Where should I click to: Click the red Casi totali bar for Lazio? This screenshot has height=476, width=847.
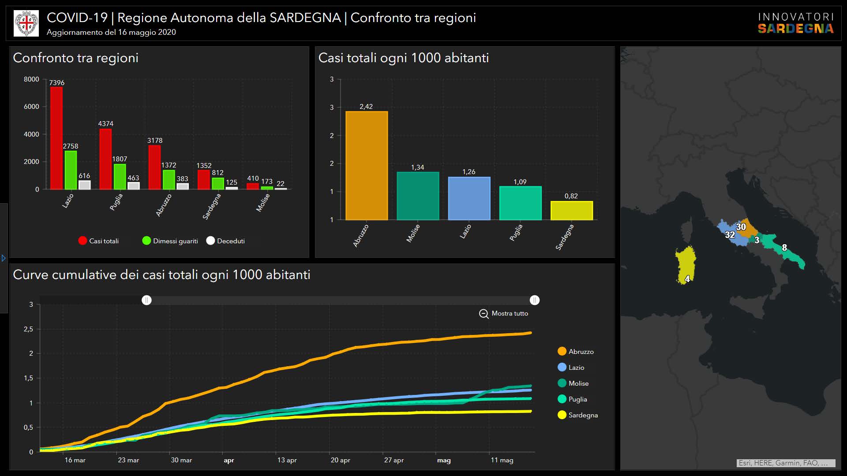pyautogui.click(x=56, y=138)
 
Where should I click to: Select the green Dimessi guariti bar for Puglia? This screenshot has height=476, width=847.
pyautogui.click(x=120, y=176)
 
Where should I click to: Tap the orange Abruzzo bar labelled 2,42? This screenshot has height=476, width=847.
pyautogui.click(x=367, y=165)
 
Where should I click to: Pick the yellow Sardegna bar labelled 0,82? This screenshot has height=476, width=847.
pyautogui.click(x=571, y=211)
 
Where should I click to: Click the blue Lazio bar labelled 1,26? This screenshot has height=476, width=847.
pyautogui.click(x=469, y=198)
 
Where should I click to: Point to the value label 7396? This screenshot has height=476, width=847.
pyautogui.click(x=56, y=83)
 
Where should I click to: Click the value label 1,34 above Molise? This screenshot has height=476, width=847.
pyautogui.click(x=417, y=167)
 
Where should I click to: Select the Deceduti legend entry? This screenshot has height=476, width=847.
pyautogui.click(x=225, y=241)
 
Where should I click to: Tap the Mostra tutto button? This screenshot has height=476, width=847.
pyautogui.click(x=504, y=313)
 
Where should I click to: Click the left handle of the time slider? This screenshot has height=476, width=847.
pyautogui.click(x=146, y=300)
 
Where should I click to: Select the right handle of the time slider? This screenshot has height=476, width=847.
pyautogui.click(x=535, y=300)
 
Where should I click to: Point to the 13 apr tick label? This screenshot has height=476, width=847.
pyautogui.click(x=287, y=460)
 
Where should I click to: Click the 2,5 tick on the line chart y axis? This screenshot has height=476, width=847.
pyautogui.click(x=29, y=329)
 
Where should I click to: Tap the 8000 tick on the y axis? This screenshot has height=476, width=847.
pyautogui.click(x=31, y=79)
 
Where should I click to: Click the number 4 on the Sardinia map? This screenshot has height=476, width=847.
pyautogui.click(x=687, y=279)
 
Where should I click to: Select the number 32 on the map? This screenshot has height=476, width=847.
pyautogui.click(x=730, y=235)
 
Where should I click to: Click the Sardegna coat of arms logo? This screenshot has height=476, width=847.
pyautogui.click(x=26, y=23)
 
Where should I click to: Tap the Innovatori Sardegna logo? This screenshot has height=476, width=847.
pyautogui.click(x=796, y=23)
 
